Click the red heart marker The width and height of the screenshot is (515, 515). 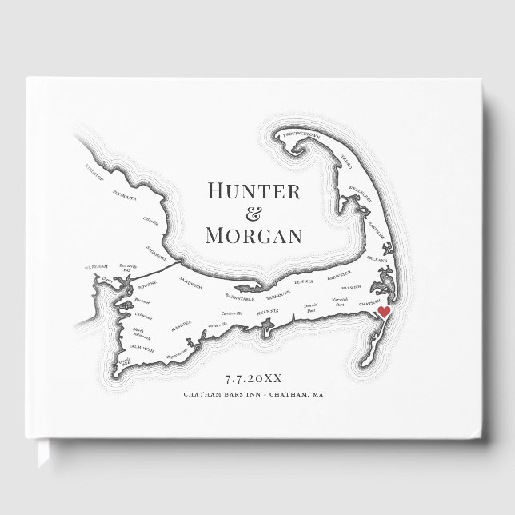382,312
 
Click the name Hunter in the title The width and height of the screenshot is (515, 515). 254,191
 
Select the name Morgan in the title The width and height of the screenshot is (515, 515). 254,235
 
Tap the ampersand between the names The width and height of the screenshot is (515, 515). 254,214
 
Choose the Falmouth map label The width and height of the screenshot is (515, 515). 142,345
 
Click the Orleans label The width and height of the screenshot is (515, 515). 377,259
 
